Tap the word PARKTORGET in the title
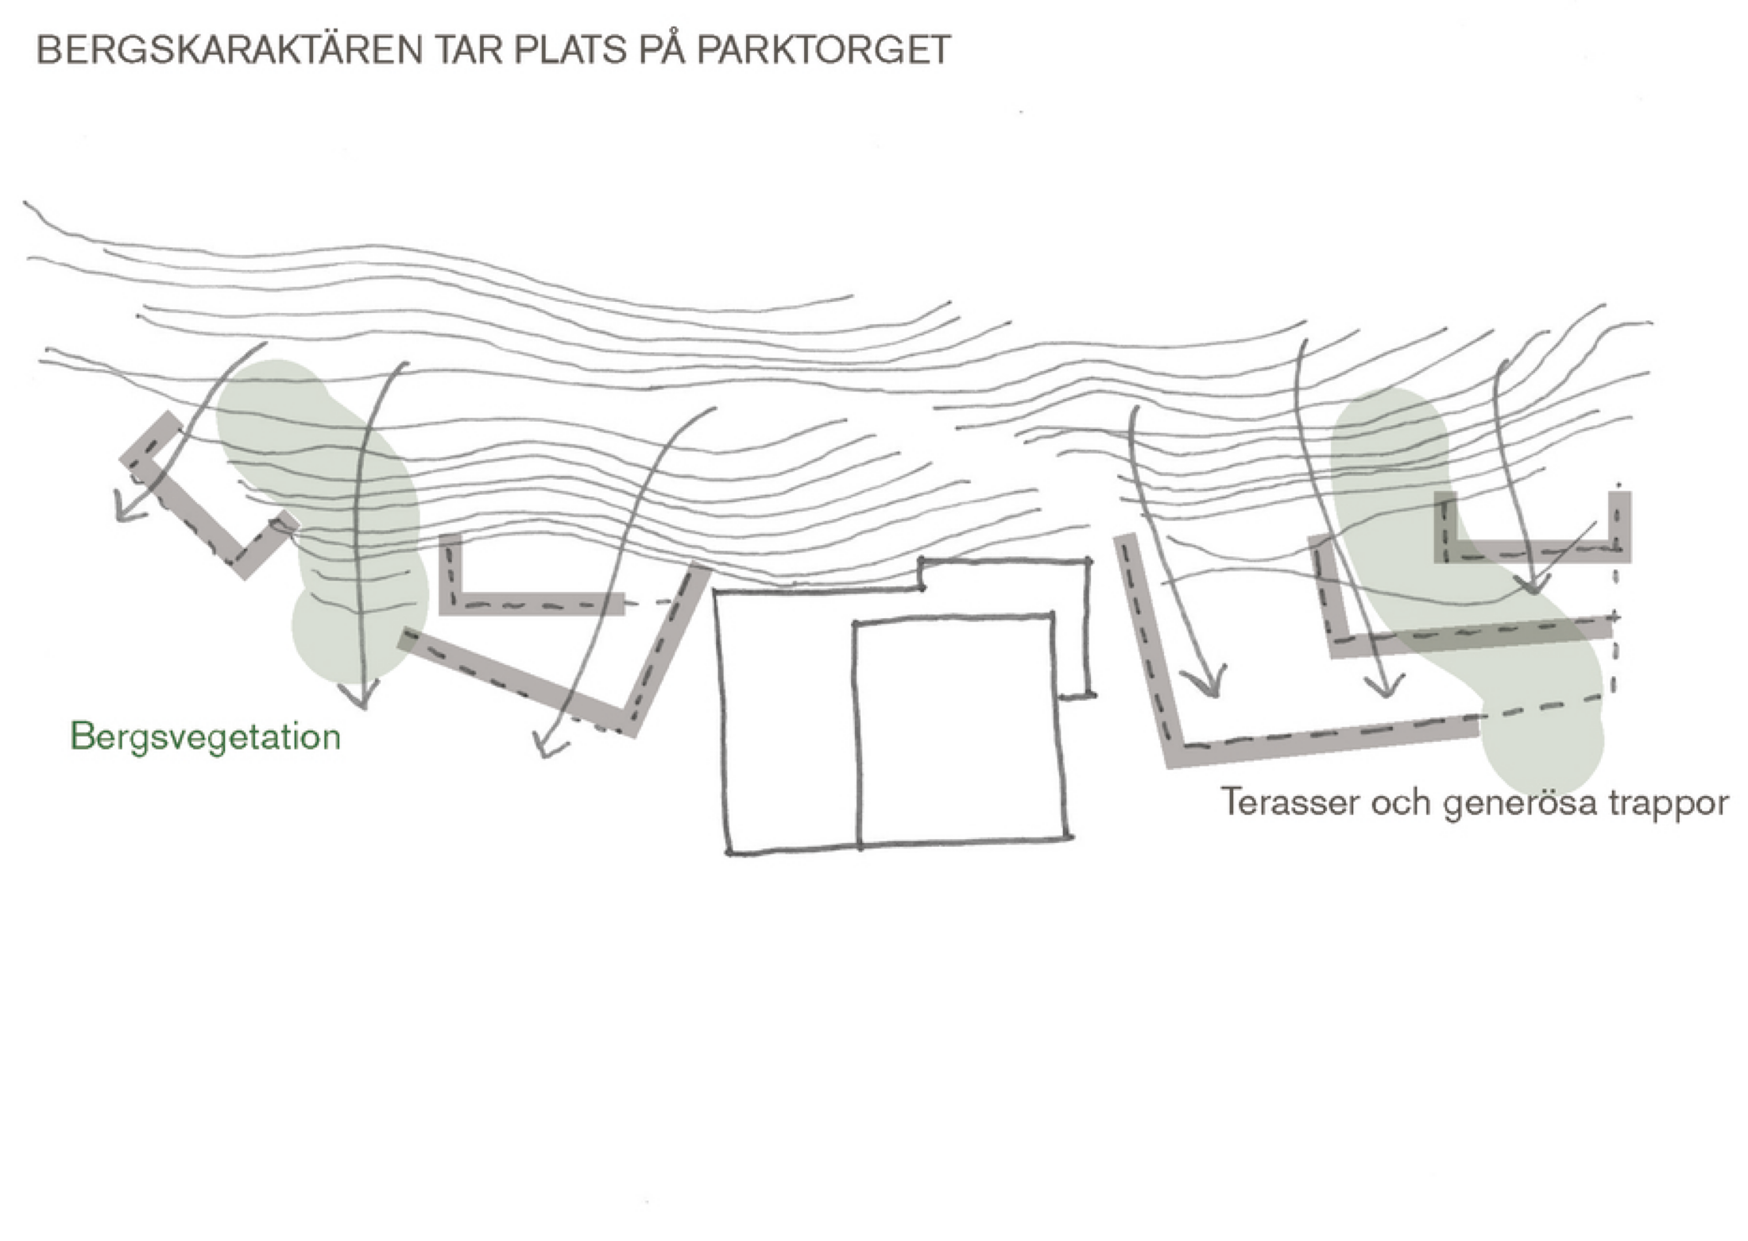coord(823,51)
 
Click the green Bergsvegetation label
coord(206,737)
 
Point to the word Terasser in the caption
coord(1281,802)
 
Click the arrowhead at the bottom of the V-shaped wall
coord(548,747)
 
